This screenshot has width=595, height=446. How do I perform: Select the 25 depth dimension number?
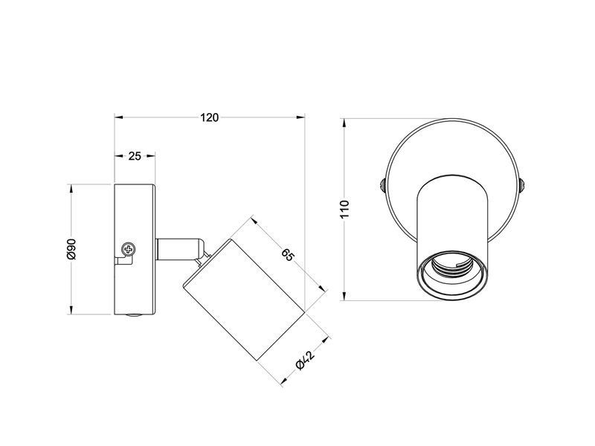pyautogui.click(x=135, y=156)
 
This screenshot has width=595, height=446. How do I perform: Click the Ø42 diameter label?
pyautogui.click(x=301, y=361)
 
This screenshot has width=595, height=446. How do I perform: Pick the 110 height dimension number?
pyautogui.click(x=343, y=210)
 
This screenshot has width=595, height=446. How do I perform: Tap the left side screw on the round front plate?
pyautogui.click(x=382, y=184)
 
